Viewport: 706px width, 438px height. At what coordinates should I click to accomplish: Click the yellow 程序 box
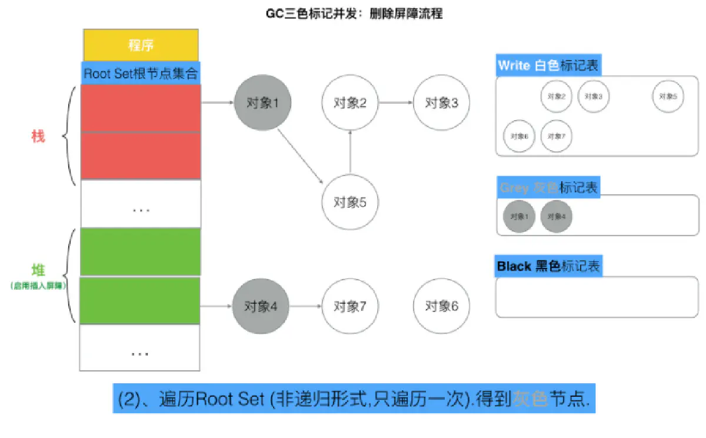pos(141,45)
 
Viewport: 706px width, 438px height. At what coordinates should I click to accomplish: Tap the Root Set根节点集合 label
pos(141,74)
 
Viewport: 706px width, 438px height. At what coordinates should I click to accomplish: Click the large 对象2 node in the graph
pos(350,102)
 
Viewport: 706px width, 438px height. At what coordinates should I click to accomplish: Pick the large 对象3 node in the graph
pos(442,102)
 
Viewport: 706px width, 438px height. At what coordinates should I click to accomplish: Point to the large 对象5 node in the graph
pos(350,202)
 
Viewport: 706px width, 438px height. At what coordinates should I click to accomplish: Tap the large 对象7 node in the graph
pos(350,306)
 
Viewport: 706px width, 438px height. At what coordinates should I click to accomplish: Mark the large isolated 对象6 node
pos(442,306)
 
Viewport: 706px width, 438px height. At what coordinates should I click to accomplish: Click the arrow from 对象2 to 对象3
pos(396,102)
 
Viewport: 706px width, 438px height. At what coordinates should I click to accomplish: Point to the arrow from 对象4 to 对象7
pos(306,306)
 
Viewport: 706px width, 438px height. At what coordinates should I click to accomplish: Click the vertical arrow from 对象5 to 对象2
pos(350,152)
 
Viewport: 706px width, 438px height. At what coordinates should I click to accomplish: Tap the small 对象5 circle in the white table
pos(668,96)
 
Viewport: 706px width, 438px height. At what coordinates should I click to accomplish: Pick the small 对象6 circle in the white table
pos(519,136)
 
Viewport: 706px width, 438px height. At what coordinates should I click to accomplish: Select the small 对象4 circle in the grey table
pos(556,216)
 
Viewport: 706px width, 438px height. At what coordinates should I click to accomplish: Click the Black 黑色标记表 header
pos(548,266)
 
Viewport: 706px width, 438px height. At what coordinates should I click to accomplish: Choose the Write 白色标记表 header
pos(548,65)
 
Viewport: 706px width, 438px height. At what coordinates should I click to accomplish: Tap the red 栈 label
pos(38,137)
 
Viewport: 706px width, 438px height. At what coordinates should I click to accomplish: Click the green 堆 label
pos(38,271)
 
